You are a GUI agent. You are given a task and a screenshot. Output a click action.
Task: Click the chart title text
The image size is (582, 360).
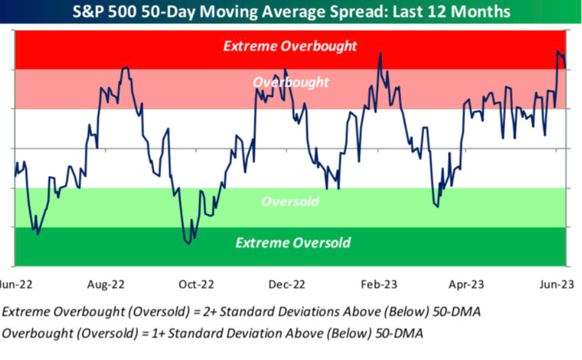click(x=290, y=12)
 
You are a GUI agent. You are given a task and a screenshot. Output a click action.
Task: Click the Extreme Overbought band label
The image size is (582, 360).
click(x=290, y=46)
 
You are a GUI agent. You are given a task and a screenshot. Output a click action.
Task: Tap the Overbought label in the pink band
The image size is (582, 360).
click(x=290, y=83)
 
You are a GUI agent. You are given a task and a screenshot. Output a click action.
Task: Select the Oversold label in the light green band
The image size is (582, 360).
click(x=290, y=202)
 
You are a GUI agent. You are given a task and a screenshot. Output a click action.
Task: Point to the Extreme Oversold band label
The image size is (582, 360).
click(x=293, y=243)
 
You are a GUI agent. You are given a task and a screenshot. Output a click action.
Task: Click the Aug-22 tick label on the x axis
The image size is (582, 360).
click(x=106, y=284)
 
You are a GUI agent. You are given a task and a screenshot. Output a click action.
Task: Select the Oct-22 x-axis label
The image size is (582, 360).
click(x=196, y=284)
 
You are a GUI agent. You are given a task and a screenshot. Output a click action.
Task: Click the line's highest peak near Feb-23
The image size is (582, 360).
click(x=380, y=53)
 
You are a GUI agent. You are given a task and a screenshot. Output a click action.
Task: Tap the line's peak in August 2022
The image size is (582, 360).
click(x=126, y=67)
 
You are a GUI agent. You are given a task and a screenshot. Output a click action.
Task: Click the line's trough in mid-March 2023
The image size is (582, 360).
click(x=437, y=206)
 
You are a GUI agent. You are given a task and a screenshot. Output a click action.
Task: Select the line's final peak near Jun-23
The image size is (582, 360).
click(x=558, y=51)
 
